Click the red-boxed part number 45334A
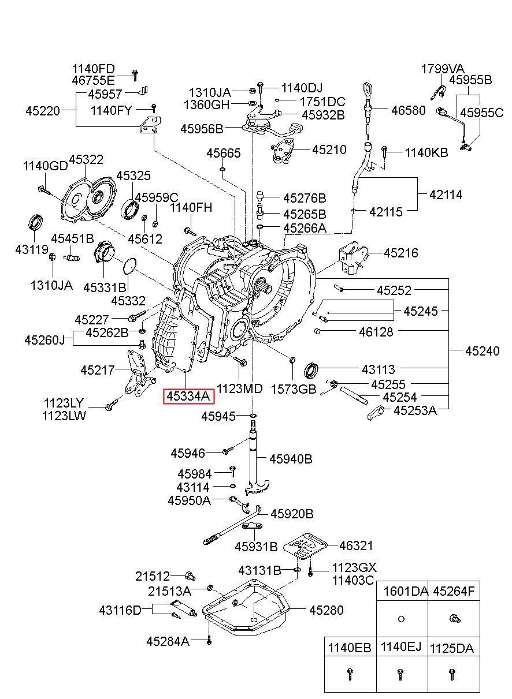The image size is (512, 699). (188, 397)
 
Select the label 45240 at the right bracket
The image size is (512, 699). (482, 351)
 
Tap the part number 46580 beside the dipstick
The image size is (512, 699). (408, 110)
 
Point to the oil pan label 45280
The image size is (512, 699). (326, 610)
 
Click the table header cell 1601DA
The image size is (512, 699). (405, 591)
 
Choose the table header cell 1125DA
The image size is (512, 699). (452, 649)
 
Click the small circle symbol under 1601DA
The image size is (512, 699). (402, 619)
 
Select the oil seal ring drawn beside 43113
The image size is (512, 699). (311, 370)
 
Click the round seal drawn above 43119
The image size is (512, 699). (36, 222)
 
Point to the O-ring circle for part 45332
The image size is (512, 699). (129, 267)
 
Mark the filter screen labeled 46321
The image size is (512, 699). (305, 547)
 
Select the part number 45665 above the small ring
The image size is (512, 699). (224, 153)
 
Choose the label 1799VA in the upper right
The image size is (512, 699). (442, 69)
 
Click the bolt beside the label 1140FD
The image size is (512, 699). (135, 75)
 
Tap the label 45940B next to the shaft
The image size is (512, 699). (291, 459)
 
